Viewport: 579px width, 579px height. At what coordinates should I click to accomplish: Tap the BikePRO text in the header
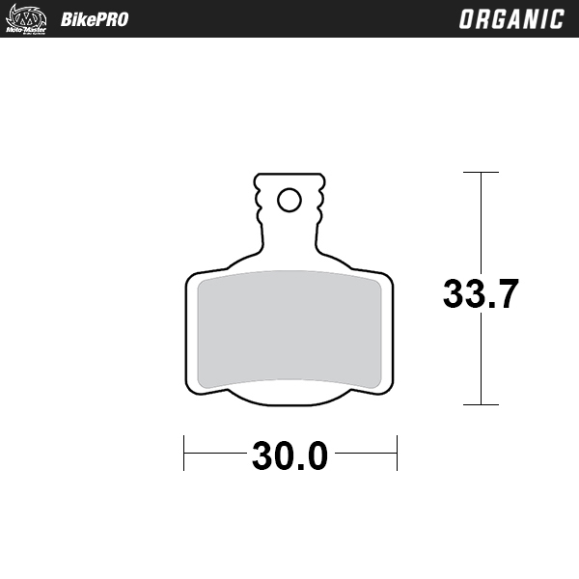coord(94,19)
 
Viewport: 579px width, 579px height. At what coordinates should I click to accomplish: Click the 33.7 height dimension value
coord(481,293)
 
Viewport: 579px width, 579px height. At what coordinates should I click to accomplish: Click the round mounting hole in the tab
coord(289,200)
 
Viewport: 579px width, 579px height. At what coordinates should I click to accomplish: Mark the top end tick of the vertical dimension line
coord(481,173)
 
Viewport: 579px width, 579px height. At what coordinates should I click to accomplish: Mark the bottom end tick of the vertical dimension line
coord(481,404)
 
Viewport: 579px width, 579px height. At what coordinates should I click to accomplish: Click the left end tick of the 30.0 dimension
coord(184,453)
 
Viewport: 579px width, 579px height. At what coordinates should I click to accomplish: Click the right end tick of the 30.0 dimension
coord(397,453)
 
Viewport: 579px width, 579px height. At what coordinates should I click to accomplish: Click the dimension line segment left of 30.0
coord(214,453)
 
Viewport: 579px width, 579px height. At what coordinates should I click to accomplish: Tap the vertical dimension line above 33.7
coord(481,222)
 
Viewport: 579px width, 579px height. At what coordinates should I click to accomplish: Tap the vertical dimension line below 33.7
coord(481,362)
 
